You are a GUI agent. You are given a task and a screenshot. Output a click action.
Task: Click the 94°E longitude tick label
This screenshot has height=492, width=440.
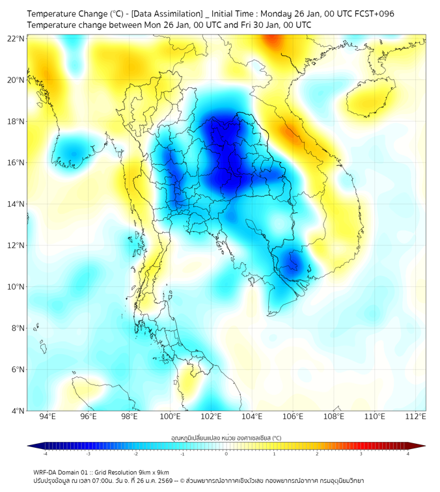(x=48, y=417)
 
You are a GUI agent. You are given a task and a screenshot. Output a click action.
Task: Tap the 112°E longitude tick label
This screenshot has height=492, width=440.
(x=416, y=417)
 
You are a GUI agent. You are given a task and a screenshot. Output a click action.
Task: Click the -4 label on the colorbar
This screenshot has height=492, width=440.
(x=45, y=454)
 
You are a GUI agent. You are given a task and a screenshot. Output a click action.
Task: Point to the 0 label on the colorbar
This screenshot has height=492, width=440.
(x=227, y=454)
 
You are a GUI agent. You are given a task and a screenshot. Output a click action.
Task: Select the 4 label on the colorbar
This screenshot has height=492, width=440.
(x=407, y=454)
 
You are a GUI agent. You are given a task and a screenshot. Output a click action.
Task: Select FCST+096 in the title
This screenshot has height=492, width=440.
(x=370, y=14)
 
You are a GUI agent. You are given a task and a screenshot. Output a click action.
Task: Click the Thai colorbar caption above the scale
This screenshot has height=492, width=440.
(x=226, y=438)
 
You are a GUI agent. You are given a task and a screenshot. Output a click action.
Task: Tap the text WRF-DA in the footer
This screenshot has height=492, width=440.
(x=47, y=472)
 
